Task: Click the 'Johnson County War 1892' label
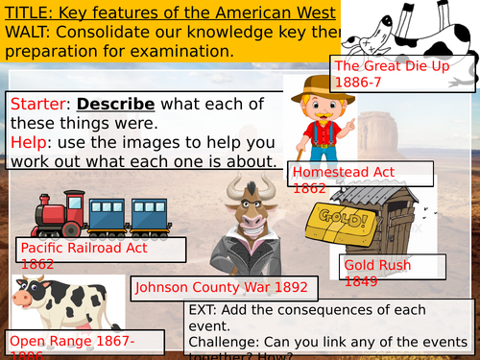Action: coord(222,286)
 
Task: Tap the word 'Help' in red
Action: coord(28,142)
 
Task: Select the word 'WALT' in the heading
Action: coord(28,33)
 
